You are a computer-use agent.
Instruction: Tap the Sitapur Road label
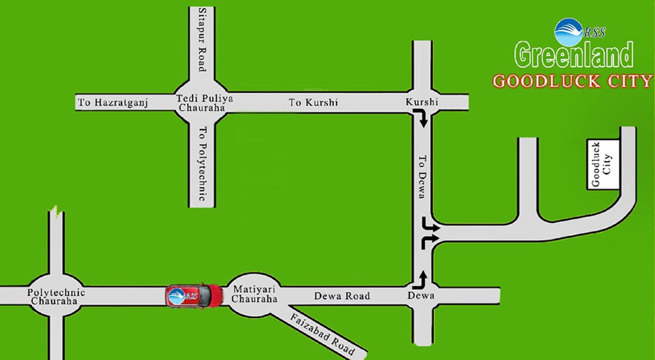tap(201, 39)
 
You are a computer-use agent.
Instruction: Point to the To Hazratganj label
tap(113, 103)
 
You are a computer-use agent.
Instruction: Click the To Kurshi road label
tap(313, 103)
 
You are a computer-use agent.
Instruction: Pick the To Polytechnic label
tap(201, 163)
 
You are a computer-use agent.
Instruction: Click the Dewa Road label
tap(342, 296)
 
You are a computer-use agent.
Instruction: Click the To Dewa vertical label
tap(421, 177)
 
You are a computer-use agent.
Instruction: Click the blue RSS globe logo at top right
tap(568, 32)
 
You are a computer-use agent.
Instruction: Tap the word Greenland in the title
tap(574, 55)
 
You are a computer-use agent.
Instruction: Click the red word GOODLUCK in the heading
tap(547, 81)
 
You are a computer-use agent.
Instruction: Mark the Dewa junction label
tap(421, 296)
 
